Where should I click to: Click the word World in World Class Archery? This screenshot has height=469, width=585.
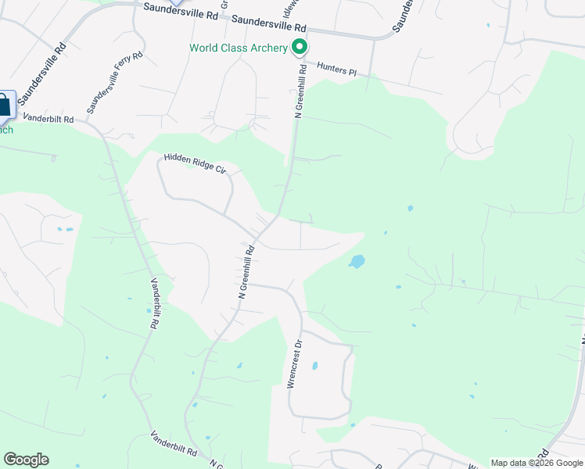coord(204,48)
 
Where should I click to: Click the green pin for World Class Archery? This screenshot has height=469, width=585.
coord(299,48)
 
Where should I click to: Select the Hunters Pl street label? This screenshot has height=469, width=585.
coord(336,70)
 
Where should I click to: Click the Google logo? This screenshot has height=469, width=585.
coord(26,460)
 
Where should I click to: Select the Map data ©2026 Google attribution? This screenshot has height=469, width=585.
coord(537,463)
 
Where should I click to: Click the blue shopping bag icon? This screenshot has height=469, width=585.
coord(5,105)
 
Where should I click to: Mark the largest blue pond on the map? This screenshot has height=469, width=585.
coord(357,261)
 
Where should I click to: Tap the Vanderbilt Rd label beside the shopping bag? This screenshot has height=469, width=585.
coord(48,119)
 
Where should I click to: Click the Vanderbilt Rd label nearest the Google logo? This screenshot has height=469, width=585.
coord(174,444)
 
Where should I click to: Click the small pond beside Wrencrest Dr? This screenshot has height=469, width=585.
coord(314,365)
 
